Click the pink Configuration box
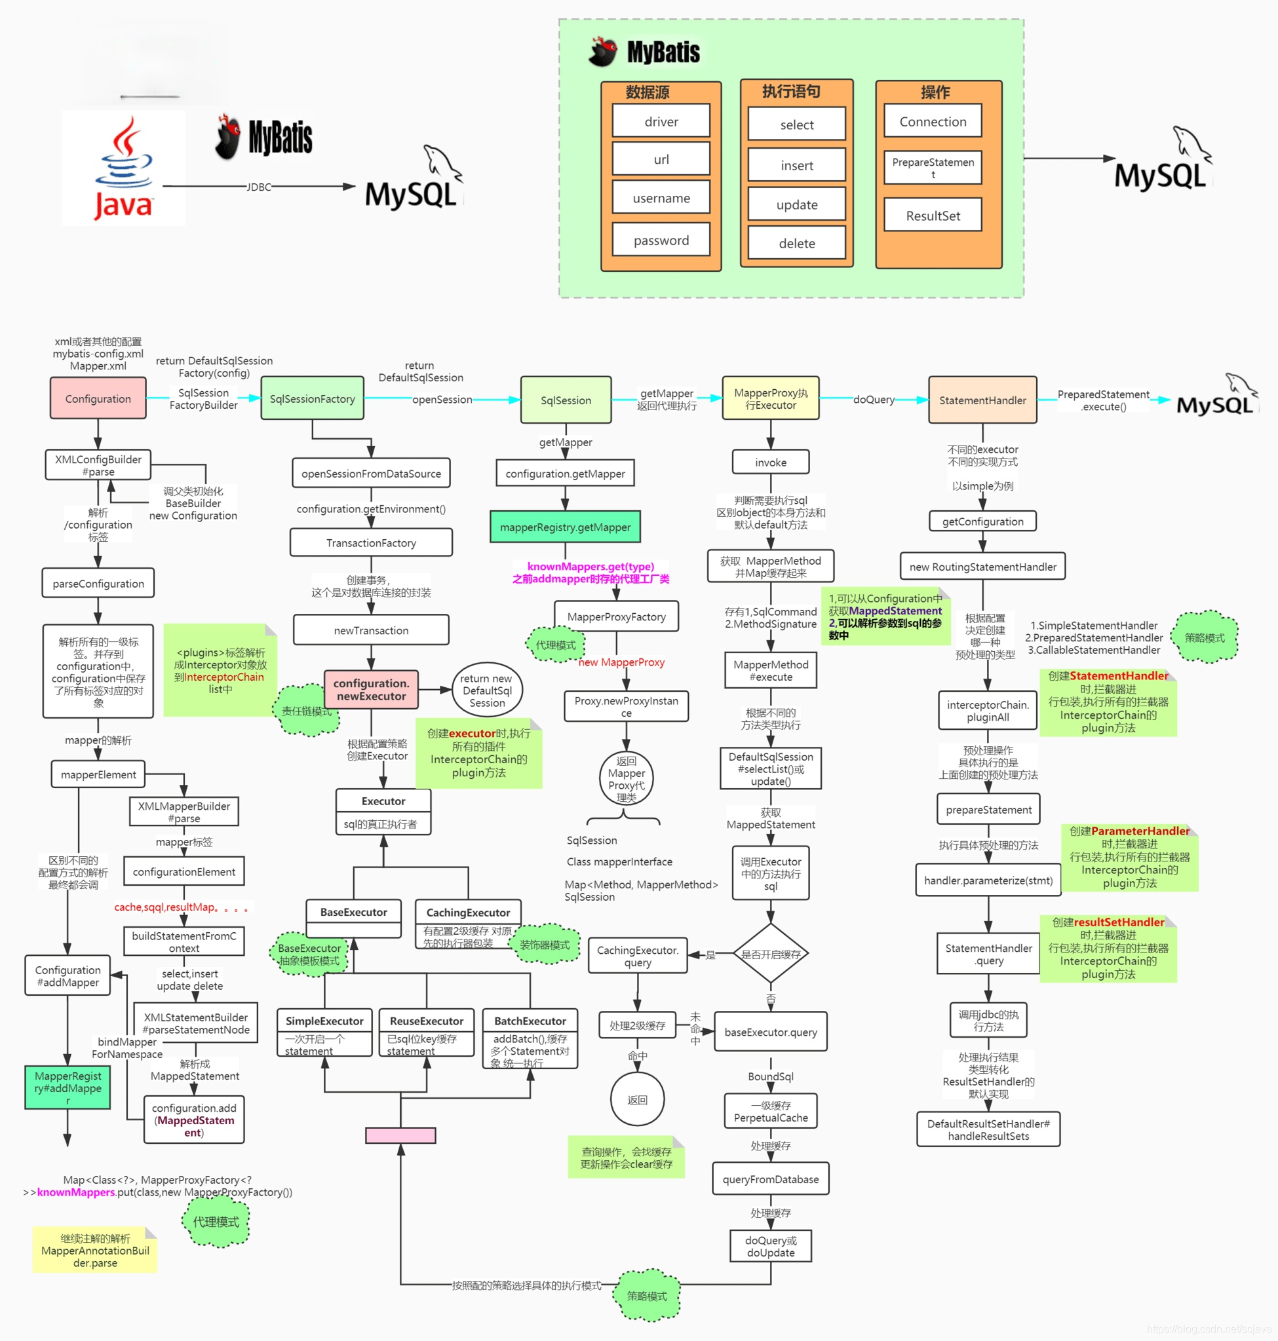tap(98, 398)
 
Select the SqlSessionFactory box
tap(312, 398)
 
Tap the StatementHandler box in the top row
tap(982, 400)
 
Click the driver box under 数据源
tap(661, 121)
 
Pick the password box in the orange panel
tap(661, 240)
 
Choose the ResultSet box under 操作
tap(933, 216)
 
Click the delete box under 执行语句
tap(796, 243)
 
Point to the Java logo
tap(123, 168)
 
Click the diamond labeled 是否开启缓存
tap(771, 954)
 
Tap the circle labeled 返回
tap(637, 1099)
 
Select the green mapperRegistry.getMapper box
tap(565, 527)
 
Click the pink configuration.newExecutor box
tap(371, 689)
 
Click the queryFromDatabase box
tap(771, 1179)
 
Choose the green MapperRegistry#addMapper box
tap(68, 1087)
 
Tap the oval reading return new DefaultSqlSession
tap(486, 690)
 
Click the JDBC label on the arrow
tap(258, 187)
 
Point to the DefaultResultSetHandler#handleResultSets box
tap(988, 1129)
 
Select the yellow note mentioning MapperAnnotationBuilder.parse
tap(94, 1251)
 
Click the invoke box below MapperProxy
tap(771, 462)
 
